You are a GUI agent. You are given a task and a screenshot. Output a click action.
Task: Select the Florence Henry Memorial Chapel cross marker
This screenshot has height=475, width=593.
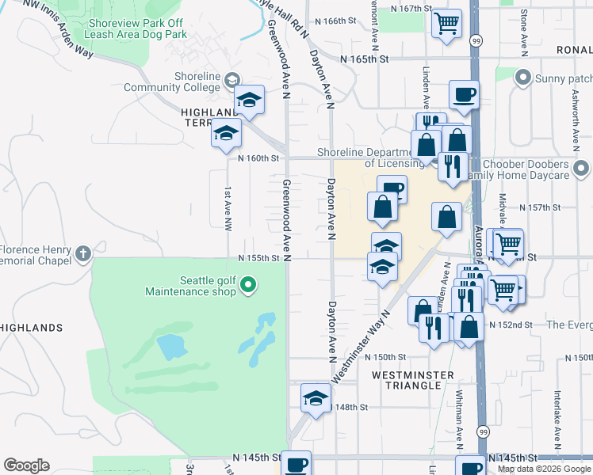(83, 254)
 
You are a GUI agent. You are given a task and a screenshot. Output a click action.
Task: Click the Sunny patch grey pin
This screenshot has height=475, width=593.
(523, 78)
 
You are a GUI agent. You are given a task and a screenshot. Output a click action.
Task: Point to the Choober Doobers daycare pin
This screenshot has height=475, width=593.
(582, 168)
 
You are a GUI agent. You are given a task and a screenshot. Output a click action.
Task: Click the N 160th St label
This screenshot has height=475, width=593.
(260, 158)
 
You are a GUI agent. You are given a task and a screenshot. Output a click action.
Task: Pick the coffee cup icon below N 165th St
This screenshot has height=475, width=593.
(464, 96)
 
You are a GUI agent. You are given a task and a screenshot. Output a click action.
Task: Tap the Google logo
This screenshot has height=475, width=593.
(26, 465)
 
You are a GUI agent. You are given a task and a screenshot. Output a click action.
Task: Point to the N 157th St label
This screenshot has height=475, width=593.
(540, 207)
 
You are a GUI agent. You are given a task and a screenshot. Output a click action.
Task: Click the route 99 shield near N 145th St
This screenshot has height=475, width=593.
(482, 431)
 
